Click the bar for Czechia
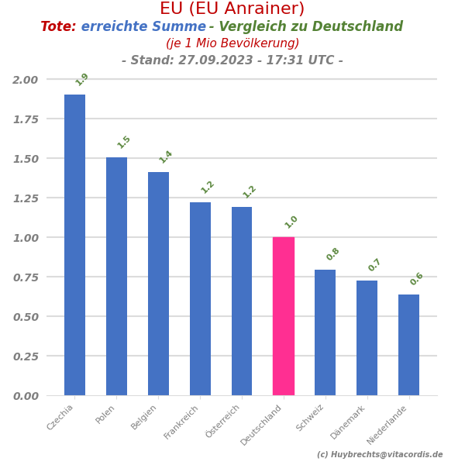(x=74, y=245)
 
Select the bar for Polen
(x=116, y=276)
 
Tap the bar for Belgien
(x=158, y=284)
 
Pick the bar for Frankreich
(x=200, y=298)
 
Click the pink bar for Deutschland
(x=284, y=316)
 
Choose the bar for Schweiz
(x=325, y=332)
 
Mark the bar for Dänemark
(x=367, y=338)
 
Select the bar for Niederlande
(x=409, y=345)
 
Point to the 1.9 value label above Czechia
(x=82, y=79)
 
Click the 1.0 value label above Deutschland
(x=291, y=222)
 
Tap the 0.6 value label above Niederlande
(x=417, y=279)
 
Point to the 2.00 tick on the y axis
(x=25, y=80)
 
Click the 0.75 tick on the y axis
(x=25, y=277)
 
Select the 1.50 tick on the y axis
(x=25, y=159)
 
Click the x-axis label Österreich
(x=224, y=422)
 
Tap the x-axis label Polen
(x=105, y=415)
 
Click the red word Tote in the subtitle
(x=58, y=27)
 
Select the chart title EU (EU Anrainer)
(x=232, y=9)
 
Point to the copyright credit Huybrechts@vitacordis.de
(x=380, y=455)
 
